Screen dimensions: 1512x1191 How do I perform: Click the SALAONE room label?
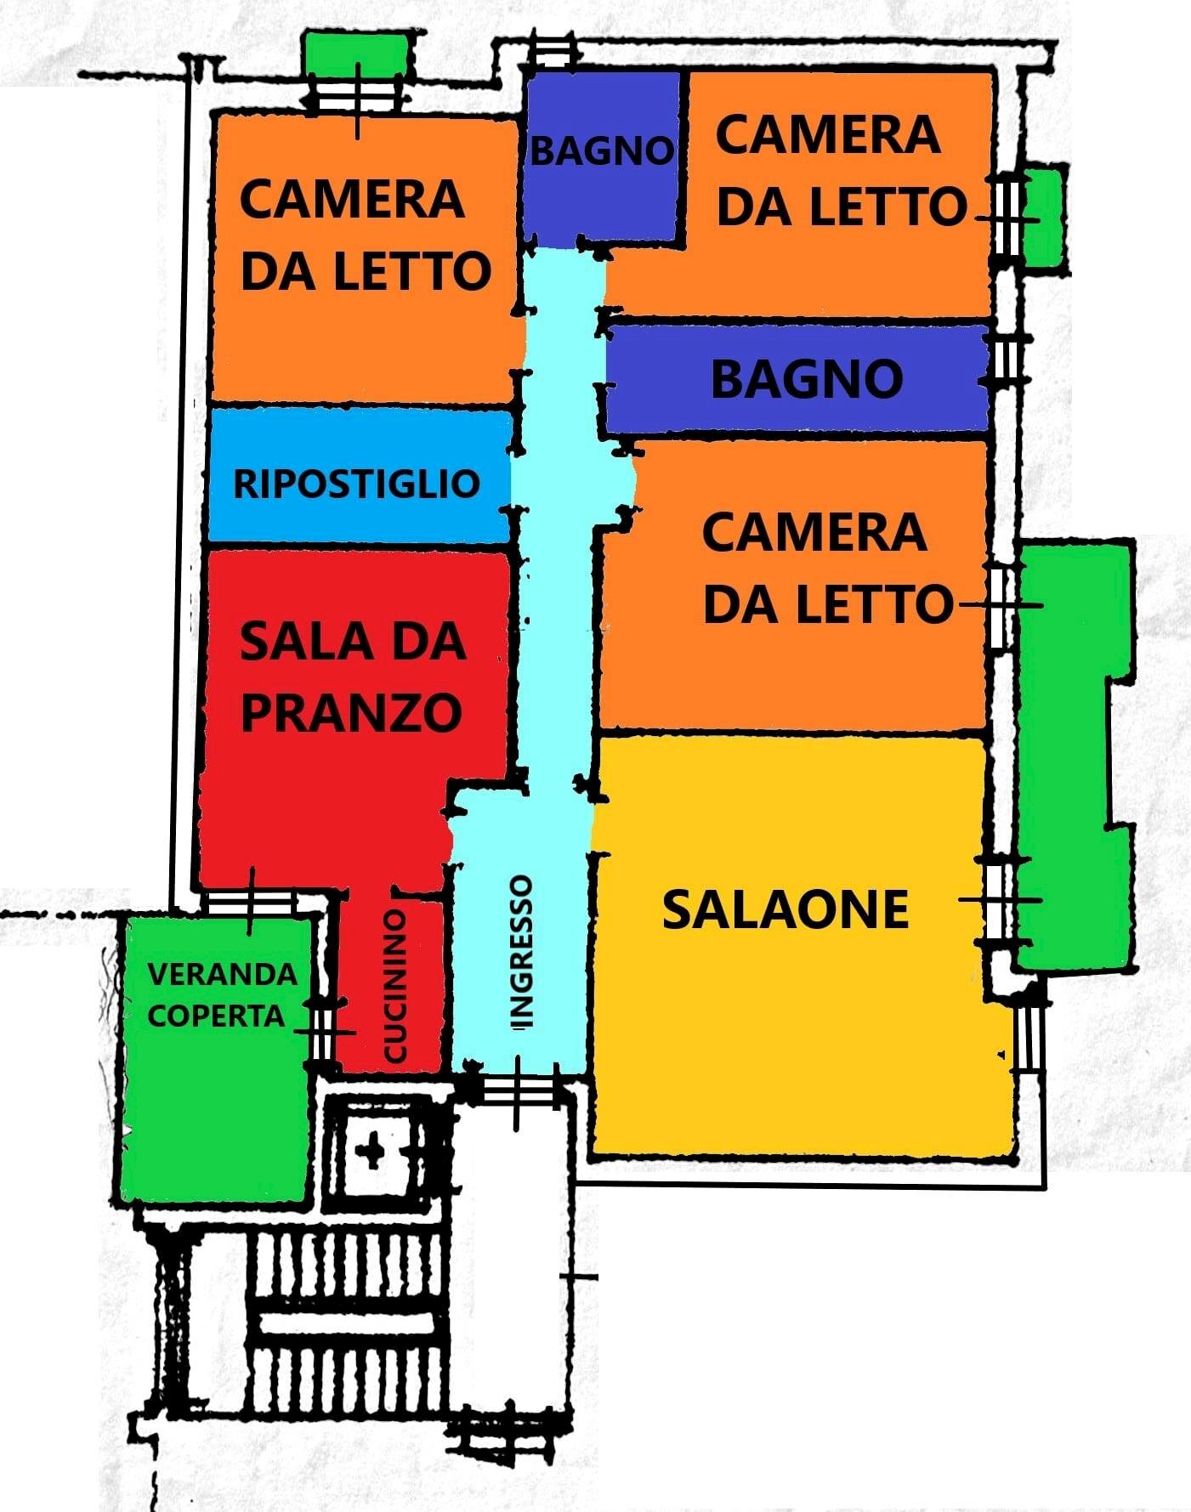785,909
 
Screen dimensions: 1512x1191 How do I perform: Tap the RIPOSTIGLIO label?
356,484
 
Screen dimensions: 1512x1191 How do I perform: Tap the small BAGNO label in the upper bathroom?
601,151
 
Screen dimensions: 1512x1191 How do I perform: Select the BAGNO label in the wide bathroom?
806,379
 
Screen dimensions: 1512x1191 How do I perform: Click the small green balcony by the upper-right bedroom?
1043,218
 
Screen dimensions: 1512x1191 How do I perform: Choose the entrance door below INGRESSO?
516,1089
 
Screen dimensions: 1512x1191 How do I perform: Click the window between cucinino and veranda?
321,1032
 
